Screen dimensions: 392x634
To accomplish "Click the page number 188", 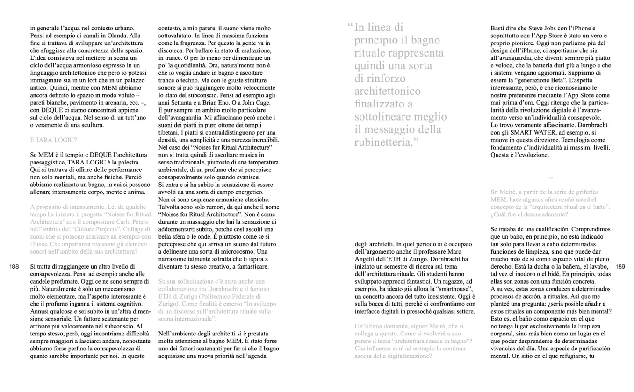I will click(14, 267).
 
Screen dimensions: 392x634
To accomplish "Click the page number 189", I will click(620, 267).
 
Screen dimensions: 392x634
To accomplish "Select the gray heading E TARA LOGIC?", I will click(53, 139).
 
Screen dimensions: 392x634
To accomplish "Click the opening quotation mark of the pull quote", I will click(350, 27).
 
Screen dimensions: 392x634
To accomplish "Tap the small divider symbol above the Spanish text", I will click(550, 178).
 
